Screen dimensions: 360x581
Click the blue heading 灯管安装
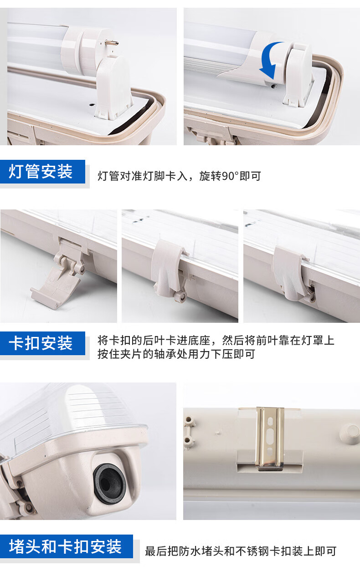click(x=41, y=172)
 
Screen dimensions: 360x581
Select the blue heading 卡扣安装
click(x=41, y=343)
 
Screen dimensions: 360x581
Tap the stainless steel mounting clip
click(x=270, y=438)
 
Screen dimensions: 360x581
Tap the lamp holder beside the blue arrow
click(x=298, y=75)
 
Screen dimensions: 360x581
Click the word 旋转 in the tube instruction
click(x=210, y=176)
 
